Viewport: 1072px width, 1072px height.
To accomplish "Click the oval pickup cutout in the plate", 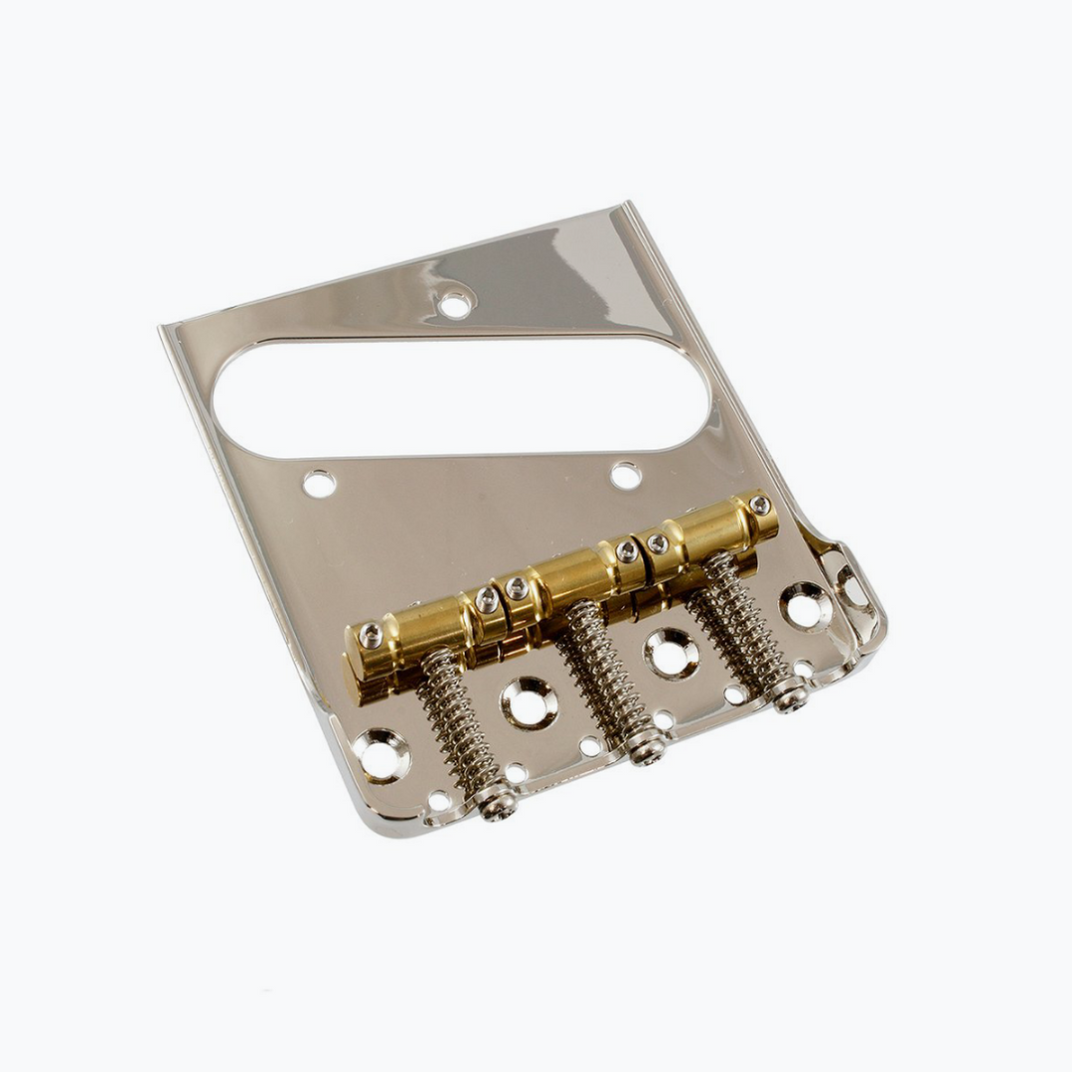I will [462, 397].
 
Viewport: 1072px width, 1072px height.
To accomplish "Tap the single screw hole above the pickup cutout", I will [455, 304].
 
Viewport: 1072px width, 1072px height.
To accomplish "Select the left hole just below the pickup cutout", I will [319, 484].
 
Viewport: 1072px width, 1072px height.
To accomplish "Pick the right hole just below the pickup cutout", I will [625, 475].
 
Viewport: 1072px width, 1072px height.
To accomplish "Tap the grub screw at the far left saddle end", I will [371, 636].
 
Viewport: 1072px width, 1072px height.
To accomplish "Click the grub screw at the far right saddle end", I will [760, 505].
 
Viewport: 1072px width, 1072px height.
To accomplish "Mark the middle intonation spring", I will [601, 676].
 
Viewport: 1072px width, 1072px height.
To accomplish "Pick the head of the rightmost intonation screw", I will [791, 698].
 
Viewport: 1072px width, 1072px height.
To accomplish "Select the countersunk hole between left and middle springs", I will [528, 703].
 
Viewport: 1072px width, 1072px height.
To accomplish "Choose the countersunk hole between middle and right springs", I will [671, 653].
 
